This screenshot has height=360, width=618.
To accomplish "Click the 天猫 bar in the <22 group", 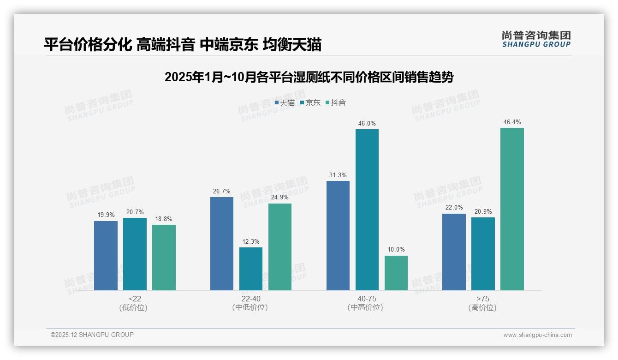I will coord(106,256).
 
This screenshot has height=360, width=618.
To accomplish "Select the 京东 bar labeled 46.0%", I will coord(367,210).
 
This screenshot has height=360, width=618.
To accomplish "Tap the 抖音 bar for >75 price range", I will coord(512,209).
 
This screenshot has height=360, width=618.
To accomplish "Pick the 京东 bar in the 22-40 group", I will coord(251,269).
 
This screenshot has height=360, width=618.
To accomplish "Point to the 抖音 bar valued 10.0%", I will coord(396,273).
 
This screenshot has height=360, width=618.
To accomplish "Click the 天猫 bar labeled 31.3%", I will coord(338,235).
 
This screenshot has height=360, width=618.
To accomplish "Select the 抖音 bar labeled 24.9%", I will coord(280,247).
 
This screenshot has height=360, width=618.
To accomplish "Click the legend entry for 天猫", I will coord(285,103).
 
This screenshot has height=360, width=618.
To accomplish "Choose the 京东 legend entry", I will coord(310,103).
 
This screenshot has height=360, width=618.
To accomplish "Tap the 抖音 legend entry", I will coord(336,103).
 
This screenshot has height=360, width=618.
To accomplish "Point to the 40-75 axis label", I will coord(367,299).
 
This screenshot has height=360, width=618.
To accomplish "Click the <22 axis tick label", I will coord(135,299).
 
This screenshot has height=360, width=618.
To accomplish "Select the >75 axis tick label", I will coord(483,299).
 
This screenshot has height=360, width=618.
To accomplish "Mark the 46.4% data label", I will coord(512,122).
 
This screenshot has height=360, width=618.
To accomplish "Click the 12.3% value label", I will coord(251,241).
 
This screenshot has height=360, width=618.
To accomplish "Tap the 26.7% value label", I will coord(222,191).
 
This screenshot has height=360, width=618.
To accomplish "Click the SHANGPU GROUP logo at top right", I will coord(536,39).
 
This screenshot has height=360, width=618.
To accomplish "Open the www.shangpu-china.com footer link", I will coord(537,335).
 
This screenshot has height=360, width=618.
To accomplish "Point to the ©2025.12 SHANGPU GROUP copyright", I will coord(92,335).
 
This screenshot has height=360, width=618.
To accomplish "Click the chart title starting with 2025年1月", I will coord(309,77).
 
